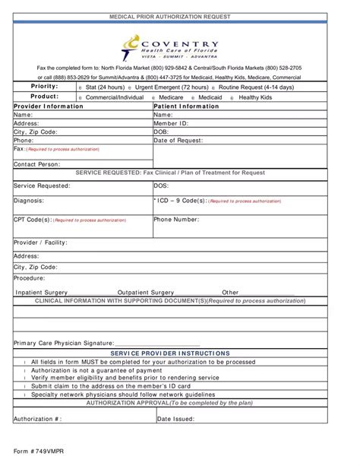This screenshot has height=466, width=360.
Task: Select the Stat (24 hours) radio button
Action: tap(81, 88)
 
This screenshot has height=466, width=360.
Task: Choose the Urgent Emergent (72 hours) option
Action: tap(128, 88)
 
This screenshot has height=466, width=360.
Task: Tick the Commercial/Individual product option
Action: tap(81, 98)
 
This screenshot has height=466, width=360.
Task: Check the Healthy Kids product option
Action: tap(232, 98)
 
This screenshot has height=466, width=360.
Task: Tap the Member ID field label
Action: tap(171, 123)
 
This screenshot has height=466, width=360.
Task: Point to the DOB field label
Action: tap(163, 132)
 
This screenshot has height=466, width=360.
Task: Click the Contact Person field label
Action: tap(37, 164)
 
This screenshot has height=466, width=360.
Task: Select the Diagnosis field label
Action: tap(29, 201)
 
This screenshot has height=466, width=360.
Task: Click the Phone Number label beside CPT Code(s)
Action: tap(177, 219)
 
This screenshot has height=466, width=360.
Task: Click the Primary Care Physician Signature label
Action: tap(63, 344)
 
